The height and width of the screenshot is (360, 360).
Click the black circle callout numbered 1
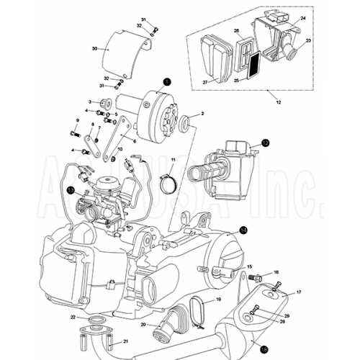pyautogui.click(x=166, y=82)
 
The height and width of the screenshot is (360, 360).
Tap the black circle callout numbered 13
pyautogui.click(x=70, y=190)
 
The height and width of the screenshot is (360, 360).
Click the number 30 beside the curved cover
pyautogui.click(x=94, y=49)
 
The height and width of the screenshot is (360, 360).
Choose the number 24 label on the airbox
pyautogui.click(x=302, y=17)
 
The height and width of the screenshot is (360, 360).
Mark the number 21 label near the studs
pyautogui.click(x=125, y=341)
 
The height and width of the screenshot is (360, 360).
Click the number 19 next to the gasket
pyautogui.click(x=218, y=299)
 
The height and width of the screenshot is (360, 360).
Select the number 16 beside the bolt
pyautogui.click(x=276, y=273)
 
